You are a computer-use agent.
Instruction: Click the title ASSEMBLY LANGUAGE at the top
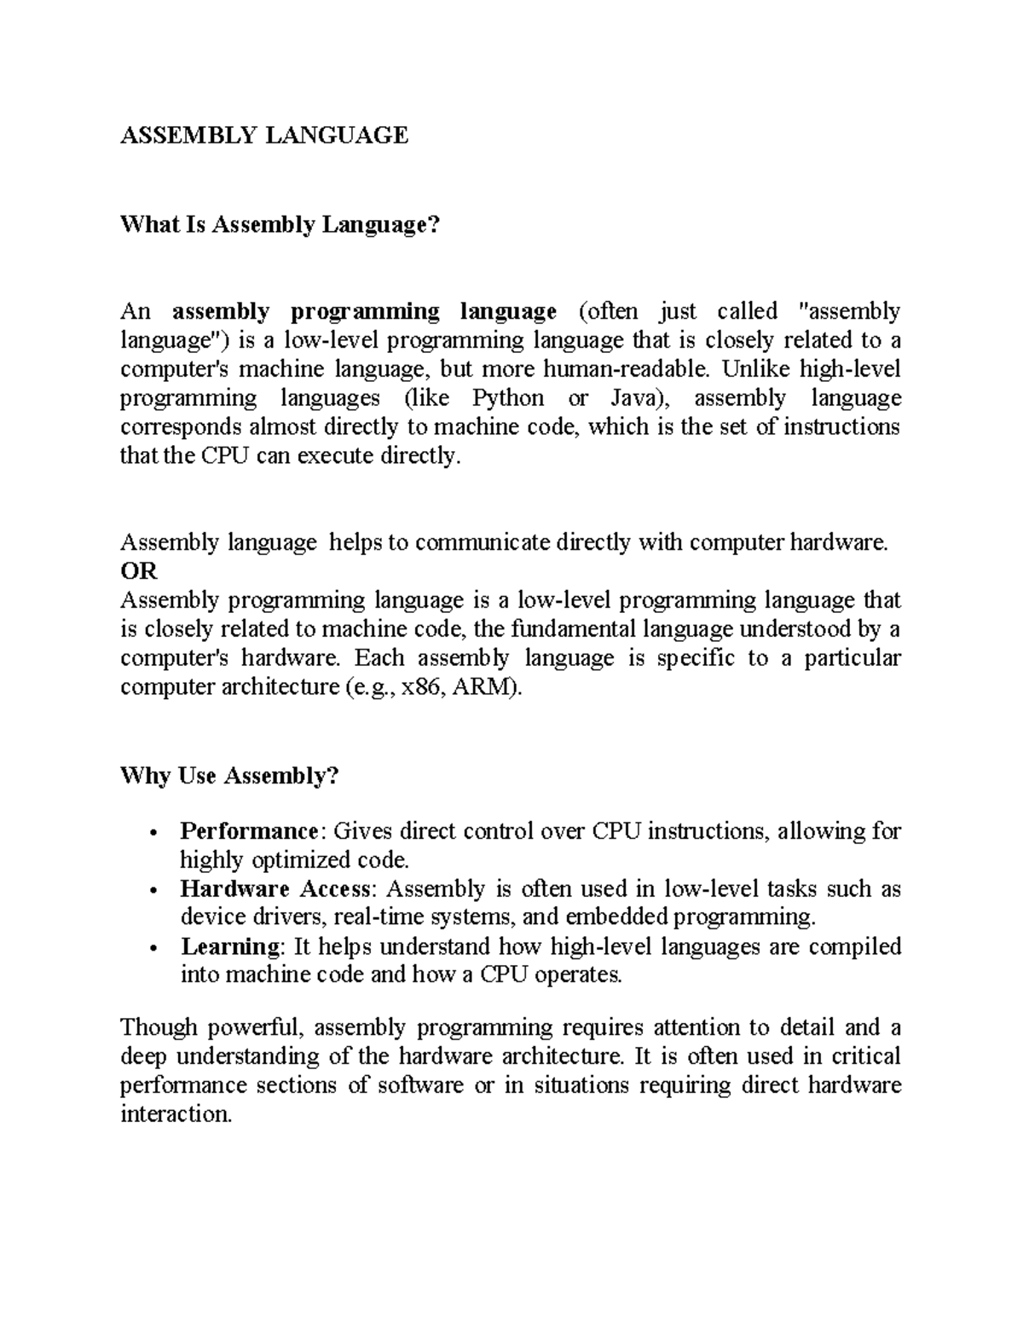click(x=264, y=135)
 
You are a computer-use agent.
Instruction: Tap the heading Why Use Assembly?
click(x=229, y=776)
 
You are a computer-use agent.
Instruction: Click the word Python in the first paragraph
click(x=508, y=398)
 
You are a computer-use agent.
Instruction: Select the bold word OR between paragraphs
click(x=139, y=571)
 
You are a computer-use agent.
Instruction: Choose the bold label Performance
click(x=249, y=830)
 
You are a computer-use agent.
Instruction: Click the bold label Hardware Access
click(x=276, y=888)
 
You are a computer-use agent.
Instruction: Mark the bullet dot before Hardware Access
click(x=152, y=891)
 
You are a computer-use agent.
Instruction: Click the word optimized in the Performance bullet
click(x=296, y=859)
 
